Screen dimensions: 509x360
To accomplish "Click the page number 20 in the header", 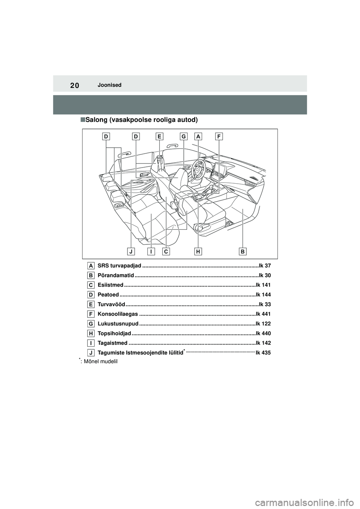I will (73, 85).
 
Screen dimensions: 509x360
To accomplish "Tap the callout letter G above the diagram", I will (183, 137).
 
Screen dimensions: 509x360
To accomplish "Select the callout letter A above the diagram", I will (198, 137).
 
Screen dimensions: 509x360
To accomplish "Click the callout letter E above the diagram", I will (159, 137).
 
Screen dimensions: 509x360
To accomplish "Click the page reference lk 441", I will (263, 314).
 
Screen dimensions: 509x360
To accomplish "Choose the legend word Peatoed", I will (108, 295).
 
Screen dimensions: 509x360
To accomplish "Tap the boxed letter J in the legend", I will (91, 352).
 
